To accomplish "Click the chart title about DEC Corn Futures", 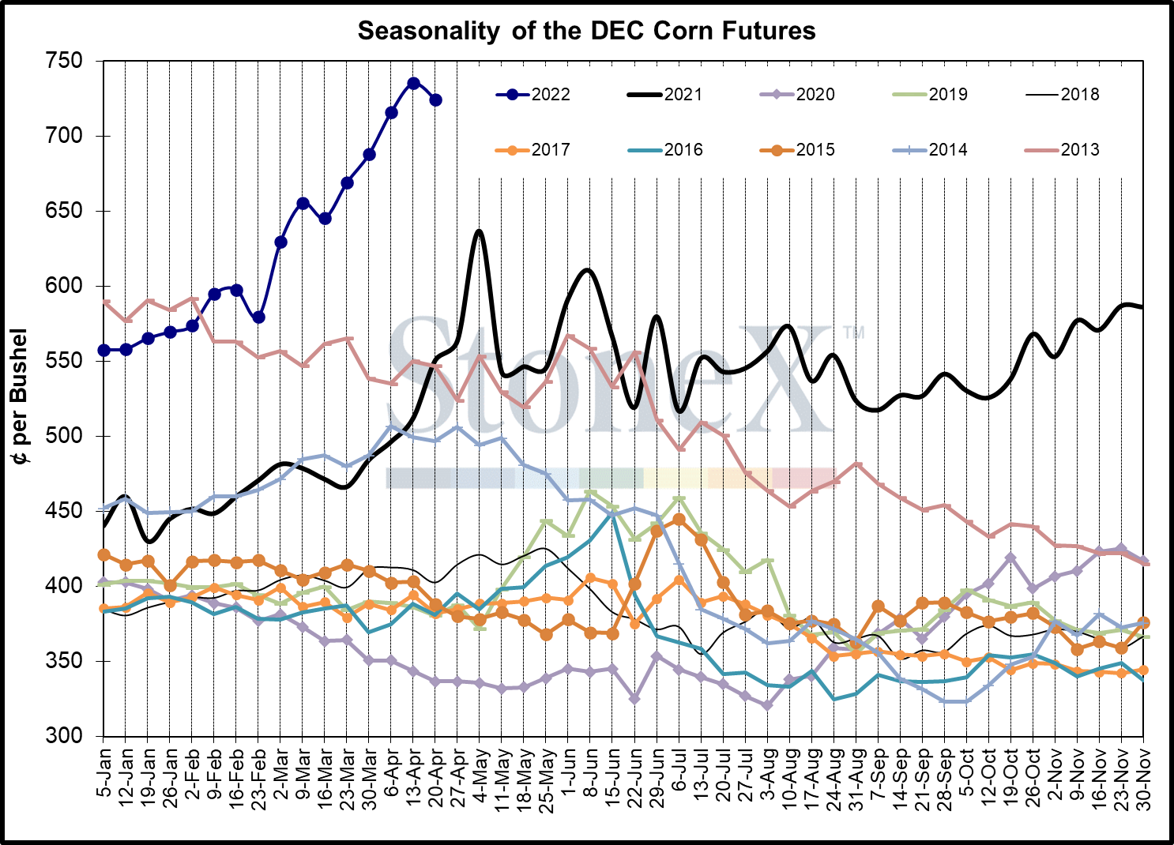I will pyautogui.click(x=586, y=31).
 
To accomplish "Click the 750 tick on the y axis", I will pyautogui.click(x=66, y=61).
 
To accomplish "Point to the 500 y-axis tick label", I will pyautogui.click(x=66, y=436).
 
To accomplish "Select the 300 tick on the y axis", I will pyautogui.click(x=66, y=736).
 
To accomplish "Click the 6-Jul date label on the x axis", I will pyautogui.click(x=679, y=770).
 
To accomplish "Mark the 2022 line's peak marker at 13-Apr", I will pyautogui.click(x=413, y=83).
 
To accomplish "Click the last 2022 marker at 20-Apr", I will pyautogui.click(x=435, y=100).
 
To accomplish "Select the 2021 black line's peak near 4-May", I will pyautogui.click(x=479, y=231).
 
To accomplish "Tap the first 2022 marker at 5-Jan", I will pyautogui.click(x=103, y=350).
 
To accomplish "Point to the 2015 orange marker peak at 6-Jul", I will pyautogui.click(x=679, y=520).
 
